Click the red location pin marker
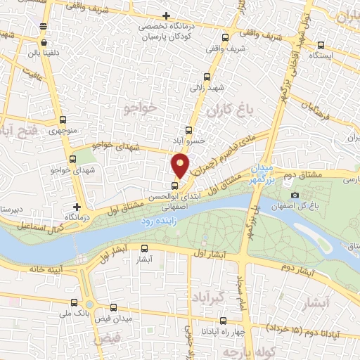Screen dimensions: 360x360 tap(181, 166)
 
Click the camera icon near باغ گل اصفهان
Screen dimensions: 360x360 tap(294, 195)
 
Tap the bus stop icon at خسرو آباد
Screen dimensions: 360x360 tap(188, 131)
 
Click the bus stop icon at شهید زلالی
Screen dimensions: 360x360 tap(206, 77)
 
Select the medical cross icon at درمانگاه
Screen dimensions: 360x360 tap(77, 207)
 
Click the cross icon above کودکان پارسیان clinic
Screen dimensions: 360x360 tap(166, 15)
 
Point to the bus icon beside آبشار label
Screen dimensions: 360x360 tap(145, 248)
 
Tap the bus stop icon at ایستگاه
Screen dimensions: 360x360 tap(321, 43)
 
